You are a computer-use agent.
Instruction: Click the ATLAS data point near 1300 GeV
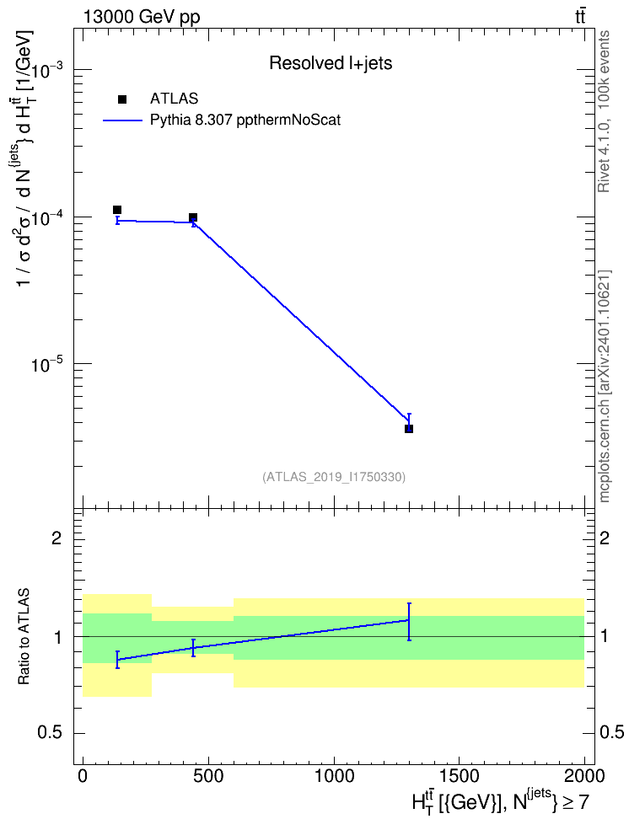coord(409,429)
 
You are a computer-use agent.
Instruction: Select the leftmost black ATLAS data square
coord(117,210)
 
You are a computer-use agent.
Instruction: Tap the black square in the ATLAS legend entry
coord(122,99)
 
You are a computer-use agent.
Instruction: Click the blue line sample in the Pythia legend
coord(122,120)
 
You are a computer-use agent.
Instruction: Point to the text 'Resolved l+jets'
coord(331,63)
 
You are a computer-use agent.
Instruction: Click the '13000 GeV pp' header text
coord(141,17)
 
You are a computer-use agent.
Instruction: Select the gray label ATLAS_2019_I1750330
coord(334,477)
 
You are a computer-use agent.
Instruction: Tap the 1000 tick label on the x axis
coord(334,776)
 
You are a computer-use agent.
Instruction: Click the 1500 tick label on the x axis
coord(459,776)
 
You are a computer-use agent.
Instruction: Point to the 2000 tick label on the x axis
coord(583,776)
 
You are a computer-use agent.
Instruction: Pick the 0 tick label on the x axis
coord(83,776)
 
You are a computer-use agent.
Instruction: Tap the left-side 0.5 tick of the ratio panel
coord(50,733)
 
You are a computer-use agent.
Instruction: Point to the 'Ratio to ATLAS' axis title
coord(24,637)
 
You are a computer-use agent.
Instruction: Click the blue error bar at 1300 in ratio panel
coord(409,622)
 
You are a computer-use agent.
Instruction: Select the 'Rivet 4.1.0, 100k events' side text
coord(604,111)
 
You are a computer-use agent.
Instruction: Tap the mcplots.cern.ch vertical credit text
coord(604,386)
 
